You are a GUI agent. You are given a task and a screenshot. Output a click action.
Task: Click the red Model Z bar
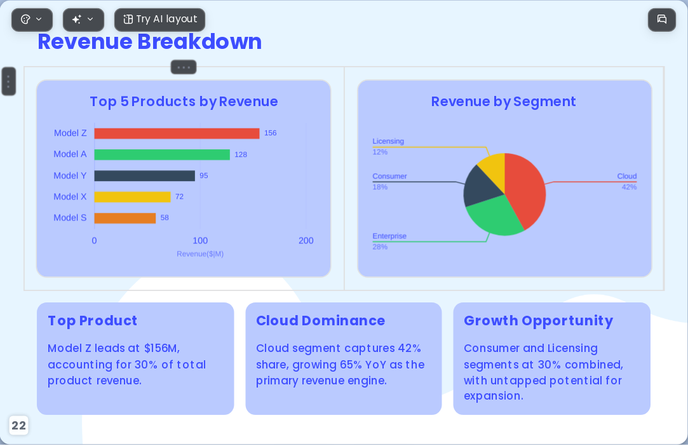[x=177, y=133]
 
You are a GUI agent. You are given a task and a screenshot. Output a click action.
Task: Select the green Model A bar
[x=162, y=154]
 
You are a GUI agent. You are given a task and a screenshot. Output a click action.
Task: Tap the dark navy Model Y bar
[x=144, y=175]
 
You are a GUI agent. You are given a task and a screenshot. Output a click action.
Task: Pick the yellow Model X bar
[x=133, y=197]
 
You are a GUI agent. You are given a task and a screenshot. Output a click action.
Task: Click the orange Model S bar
[x=125, y=218]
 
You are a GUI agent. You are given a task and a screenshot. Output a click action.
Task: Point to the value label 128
[x=240, y=154]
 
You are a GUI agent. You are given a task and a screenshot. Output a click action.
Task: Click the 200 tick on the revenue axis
[x=306, y=241]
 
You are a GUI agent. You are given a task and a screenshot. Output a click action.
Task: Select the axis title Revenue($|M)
[x=200, y=253]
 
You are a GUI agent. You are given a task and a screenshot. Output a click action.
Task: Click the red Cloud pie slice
[x=527, y=189]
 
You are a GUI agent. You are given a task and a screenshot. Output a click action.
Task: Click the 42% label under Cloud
[x=629, y=187]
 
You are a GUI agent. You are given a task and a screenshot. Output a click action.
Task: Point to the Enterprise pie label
[x=389, y=236]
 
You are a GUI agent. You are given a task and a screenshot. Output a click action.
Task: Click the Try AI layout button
[x=159, y=20]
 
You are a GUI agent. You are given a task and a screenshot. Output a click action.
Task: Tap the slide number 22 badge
[x=18, y=426]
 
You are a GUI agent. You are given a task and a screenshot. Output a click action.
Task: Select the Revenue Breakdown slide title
[x=150, y=42]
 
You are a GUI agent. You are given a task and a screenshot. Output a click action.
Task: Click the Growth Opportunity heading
[x=538, y=321]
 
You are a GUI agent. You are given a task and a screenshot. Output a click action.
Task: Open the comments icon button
[x=662, y=20]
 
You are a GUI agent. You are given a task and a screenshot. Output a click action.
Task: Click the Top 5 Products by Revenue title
[x=184, y=102]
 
